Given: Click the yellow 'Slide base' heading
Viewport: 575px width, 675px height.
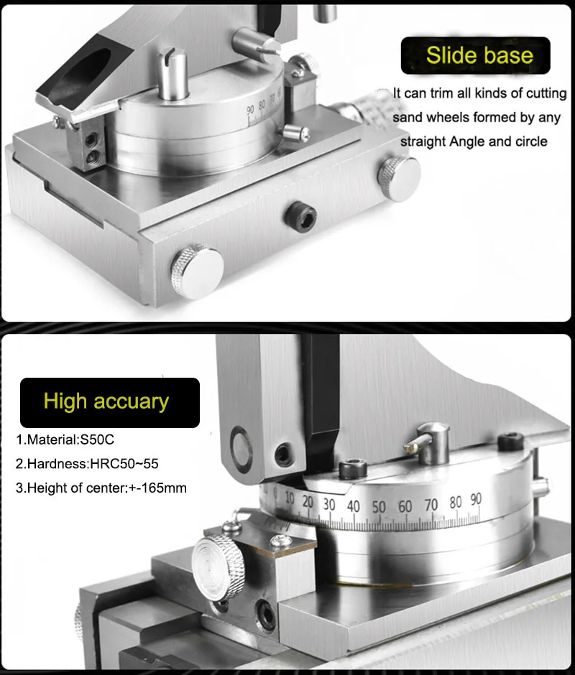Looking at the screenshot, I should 479,56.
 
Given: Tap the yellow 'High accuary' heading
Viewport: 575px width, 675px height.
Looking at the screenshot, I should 106,401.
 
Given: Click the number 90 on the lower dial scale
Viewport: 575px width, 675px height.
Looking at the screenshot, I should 475,498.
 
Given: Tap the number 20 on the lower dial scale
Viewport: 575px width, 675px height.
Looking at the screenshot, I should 308,501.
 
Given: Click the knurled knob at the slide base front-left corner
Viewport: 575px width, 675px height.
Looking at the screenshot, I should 195,271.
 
